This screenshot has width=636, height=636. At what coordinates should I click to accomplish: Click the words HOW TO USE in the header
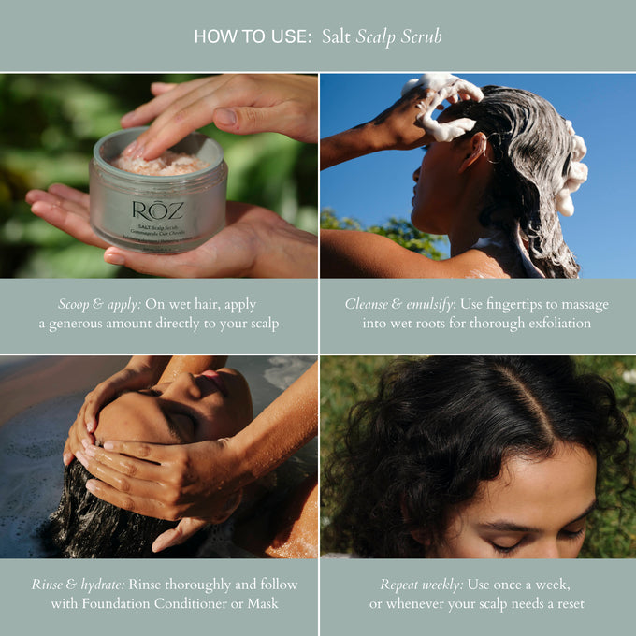(252, 36)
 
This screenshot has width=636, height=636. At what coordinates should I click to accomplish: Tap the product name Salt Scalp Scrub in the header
(382, 36)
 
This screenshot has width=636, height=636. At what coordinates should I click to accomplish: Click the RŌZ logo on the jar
(157, 211)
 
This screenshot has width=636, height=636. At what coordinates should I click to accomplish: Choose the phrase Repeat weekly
(421, 585)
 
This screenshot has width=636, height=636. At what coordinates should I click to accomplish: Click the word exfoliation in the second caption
(556, 324)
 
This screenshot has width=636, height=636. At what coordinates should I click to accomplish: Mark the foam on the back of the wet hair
(572, 173)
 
